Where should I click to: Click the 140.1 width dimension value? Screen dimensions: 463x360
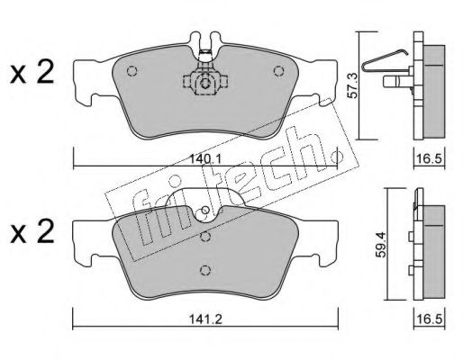(206, 158)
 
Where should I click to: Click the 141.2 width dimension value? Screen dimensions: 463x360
(205, 319)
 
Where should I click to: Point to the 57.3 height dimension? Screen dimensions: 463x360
(352, 86)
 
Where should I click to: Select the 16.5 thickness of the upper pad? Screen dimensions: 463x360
(430, 158)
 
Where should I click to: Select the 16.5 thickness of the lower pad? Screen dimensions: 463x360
(430, 319)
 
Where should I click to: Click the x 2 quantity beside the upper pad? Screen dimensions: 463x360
(32, 72)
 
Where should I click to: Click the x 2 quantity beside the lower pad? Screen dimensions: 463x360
(32, 232)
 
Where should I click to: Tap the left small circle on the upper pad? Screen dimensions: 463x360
(132, 71)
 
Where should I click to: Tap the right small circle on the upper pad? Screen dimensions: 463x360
(279, 71)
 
